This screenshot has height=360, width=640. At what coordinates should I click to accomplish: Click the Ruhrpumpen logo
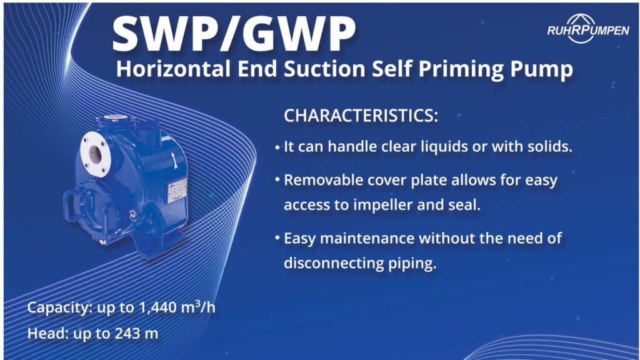587,29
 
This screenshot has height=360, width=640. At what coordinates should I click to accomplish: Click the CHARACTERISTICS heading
361,116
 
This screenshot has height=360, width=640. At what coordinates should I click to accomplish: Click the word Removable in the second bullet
318,181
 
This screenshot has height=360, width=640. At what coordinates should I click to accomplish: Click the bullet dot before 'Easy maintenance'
277,239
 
